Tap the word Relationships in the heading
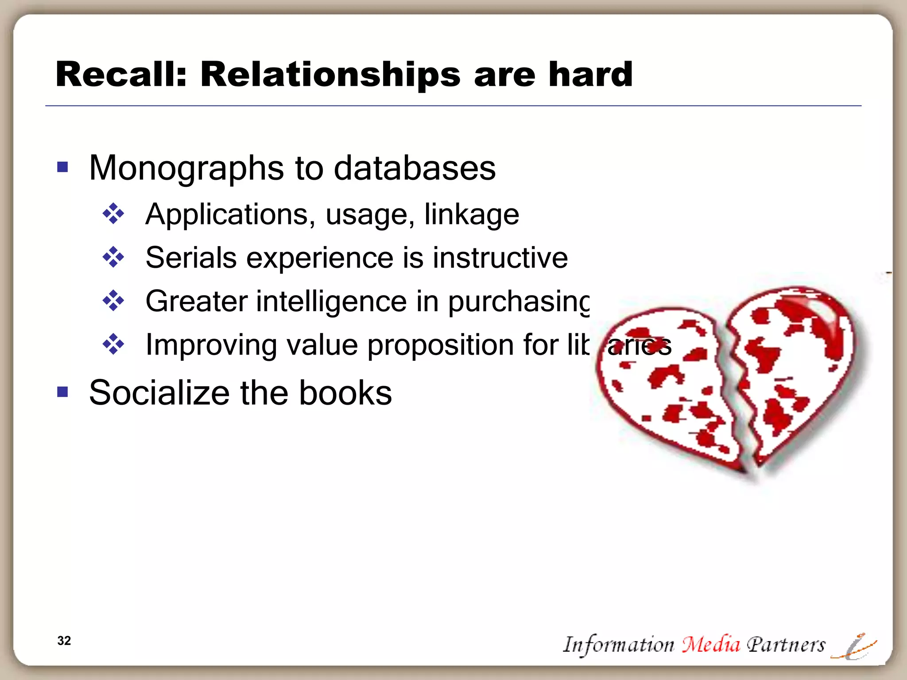[x=330, y=74]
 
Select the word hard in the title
[x=590, y=74]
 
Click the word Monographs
[x=186, y=169]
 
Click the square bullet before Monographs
[x=62, y=167]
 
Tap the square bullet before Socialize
[x=62, y=392]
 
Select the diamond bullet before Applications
[x=113, y=214]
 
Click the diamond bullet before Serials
[x=113, y=257]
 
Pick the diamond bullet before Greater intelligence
[x=113, y=301]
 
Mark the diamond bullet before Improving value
[x=113, y=344]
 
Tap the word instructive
[x=500, y=258]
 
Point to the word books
[x=345, y=393]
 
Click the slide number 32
[x=64, y=641]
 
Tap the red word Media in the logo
[x=710, y=644]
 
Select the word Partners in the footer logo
[x=786, y=644]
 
